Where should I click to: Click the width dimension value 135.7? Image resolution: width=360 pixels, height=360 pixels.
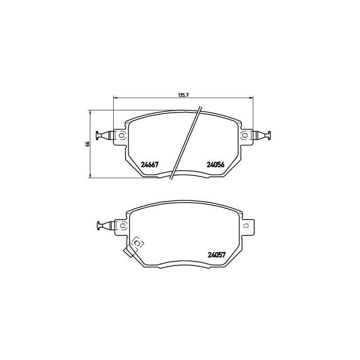(183, 95)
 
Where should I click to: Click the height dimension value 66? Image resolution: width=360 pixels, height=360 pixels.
(87, 144)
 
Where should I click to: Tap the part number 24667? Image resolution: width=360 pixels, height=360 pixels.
(150, 164)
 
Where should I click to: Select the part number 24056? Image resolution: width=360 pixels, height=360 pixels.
(216, 164)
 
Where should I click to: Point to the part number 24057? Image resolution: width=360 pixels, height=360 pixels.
(217, 255)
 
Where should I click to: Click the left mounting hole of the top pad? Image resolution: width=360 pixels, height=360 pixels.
(122, 135)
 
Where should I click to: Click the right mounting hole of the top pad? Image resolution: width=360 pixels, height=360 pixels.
(244, 135)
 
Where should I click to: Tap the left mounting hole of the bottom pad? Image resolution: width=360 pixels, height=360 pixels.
(123, 225)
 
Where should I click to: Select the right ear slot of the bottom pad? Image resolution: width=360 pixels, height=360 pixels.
(246, 225)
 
